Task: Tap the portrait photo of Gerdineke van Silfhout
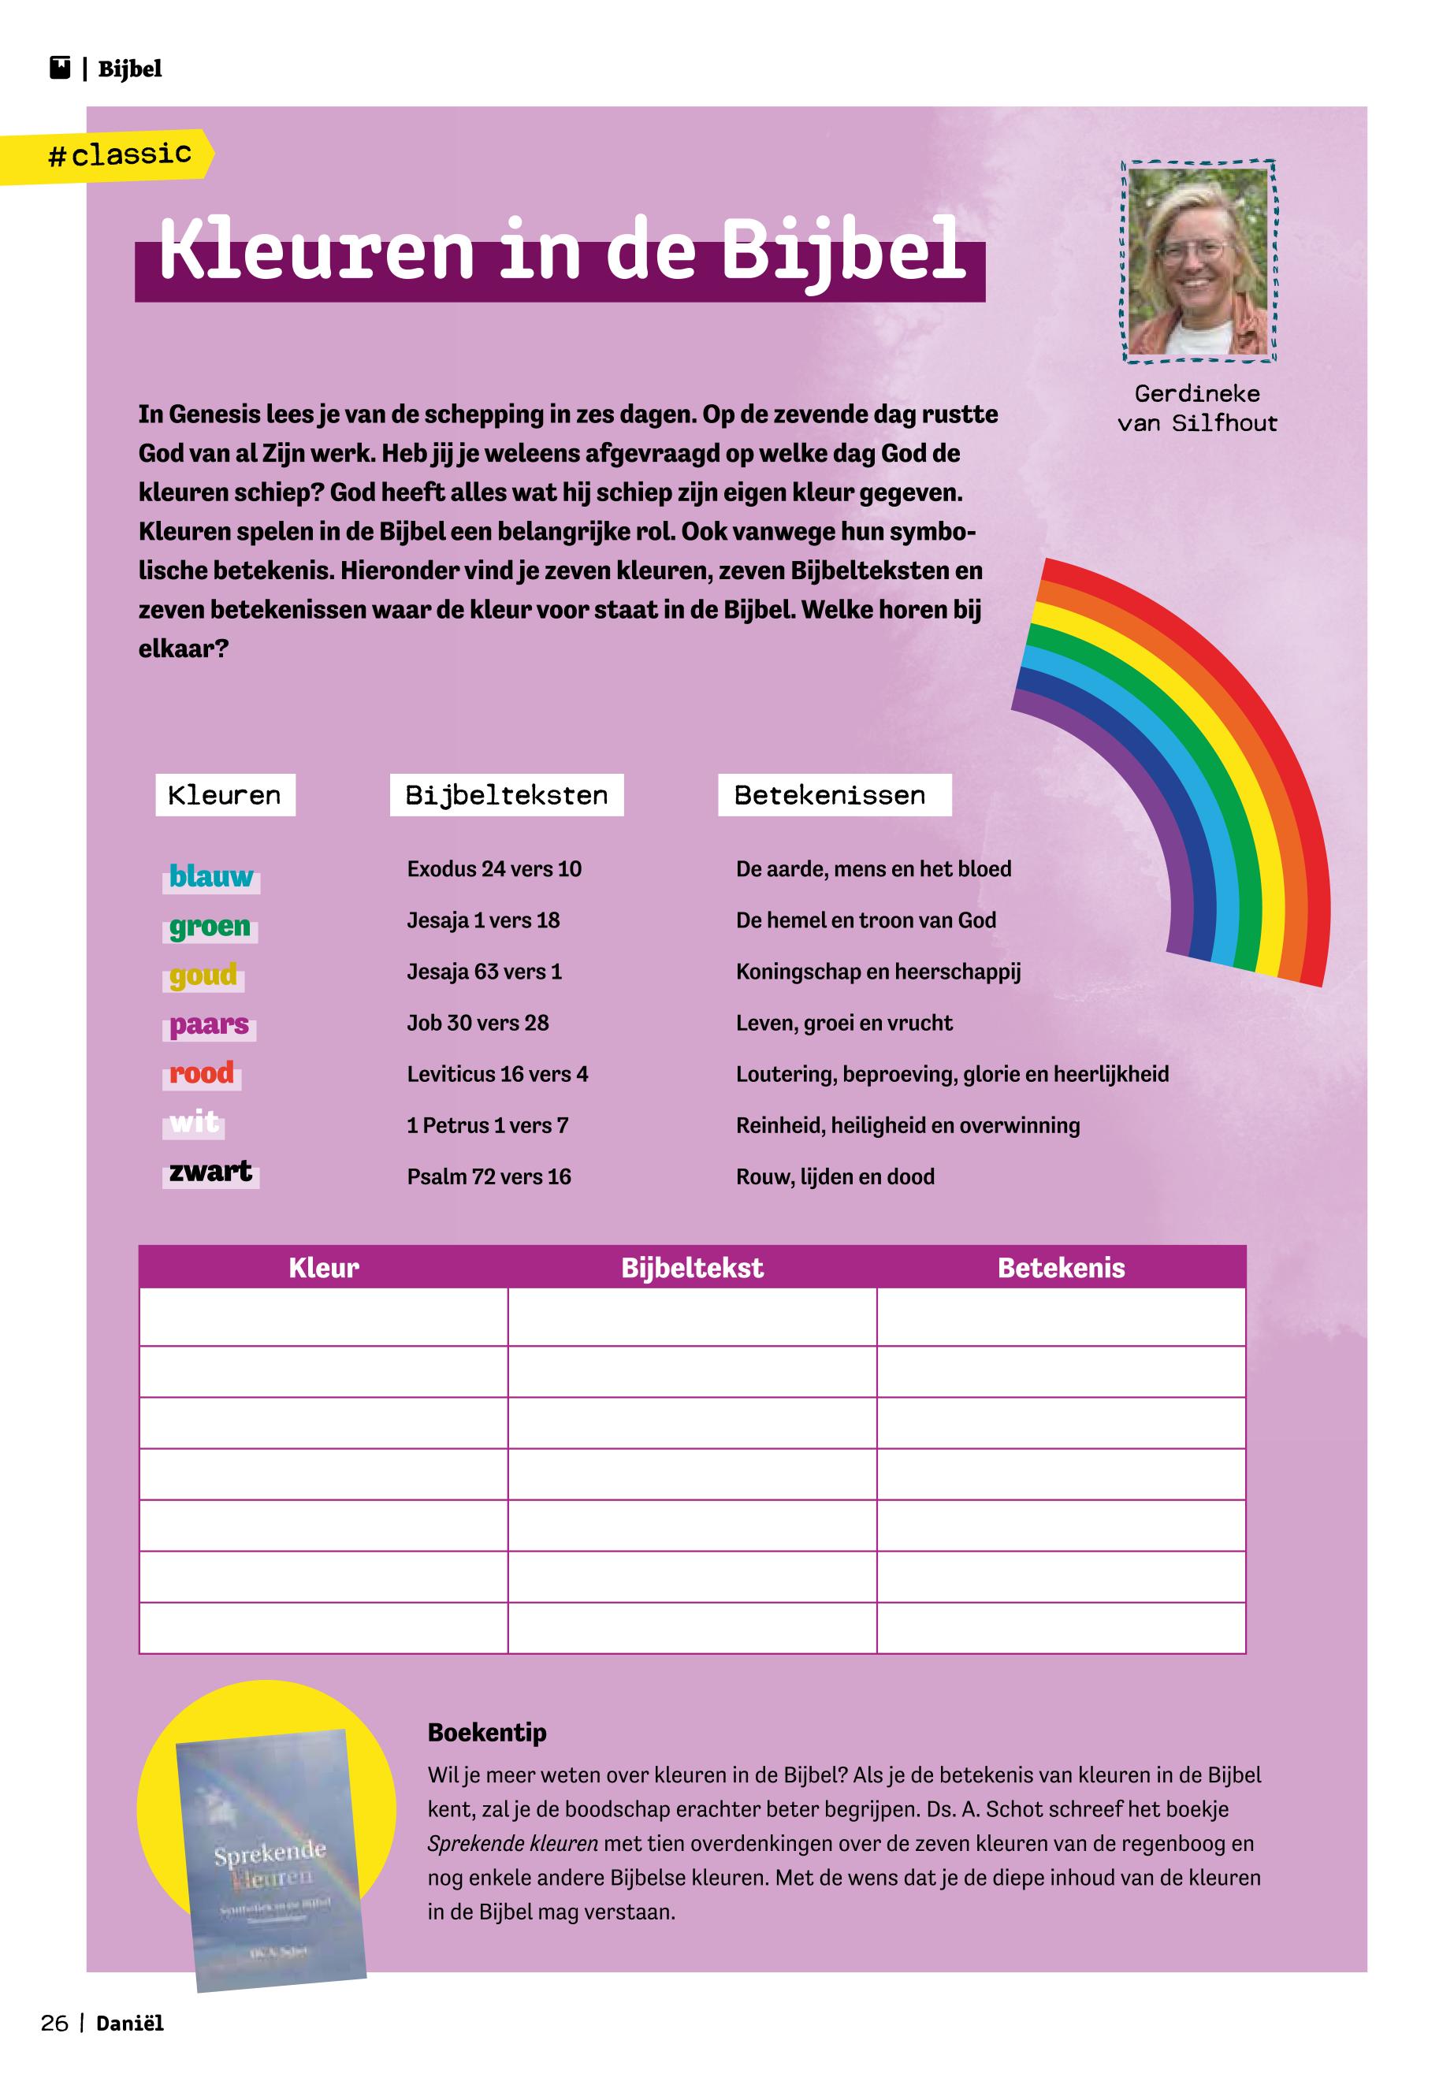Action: pos(1198,262)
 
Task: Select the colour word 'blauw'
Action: pos(211,876)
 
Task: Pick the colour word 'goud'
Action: pos(203,975)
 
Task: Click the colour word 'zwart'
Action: pos(210,1172)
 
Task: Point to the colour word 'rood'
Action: pos(203,1073)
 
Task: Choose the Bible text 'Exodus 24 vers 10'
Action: pos(494,869)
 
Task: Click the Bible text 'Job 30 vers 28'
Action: pos(478,1023)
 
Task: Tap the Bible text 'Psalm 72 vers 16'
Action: pos(489,1177)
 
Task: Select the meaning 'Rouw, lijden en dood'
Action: pos(835,1177)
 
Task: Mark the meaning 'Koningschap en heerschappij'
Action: pos(877,972)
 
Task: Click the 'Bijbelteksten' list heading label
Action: pos(507,795)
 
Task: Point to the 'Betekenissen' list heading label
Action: pos(830,795)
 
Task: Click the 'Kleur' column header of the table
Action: pos(323,1268)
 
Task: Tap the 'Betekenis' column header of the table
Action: pos(1061,1268)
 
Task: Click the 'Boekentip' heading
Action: pos(486,1733)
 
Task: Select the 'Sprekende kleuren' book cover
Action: pos(270,1858)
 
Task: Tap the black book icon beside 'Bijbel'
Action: pos(60,69)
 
